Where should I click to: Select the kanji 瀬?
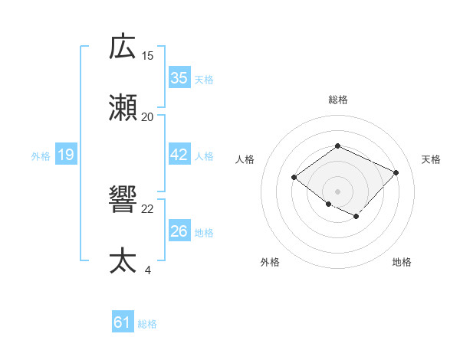coord(123,108)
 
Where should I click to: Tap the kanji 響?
coord(123,200)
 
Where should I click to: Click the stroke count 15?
coord(148,55)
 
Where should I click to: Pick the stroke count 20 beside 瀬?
coord(148,116)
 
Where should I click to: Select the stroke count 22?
coord(148,208)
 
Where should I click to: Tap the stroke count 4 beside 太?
coord(148,270)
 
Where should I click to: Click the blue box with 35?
coord(179,78)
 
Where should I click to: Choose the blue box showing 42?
coord(179,155)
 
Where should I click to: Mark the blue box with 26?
coord(179,231)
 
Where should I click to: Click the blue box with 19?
coord(65,155)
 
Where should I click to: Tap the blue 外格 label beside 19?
coord(41,156)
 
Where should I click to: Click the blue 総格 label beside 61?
coord(147,324)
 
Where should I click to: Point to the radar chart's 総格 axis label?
coord(337,100)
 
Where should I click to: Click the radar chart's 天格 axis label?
coord(431,159)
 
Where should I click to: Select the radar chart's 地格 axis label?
coord(402,262)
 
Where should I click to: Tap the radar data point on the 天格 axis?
coord(396,172)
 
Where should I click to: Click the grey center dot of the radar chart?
coord(337,191)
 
